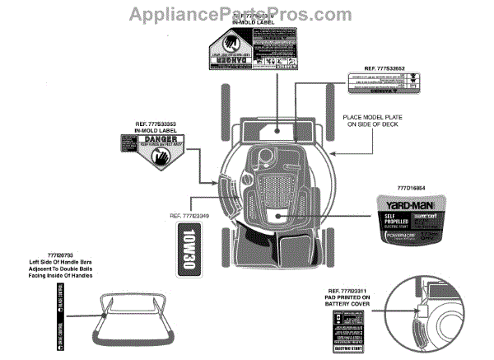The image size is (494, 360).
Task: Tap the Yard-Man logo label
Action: [x=411, y=203]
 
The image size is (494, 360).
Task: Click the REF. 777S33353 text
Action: [x=156, y=124]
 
